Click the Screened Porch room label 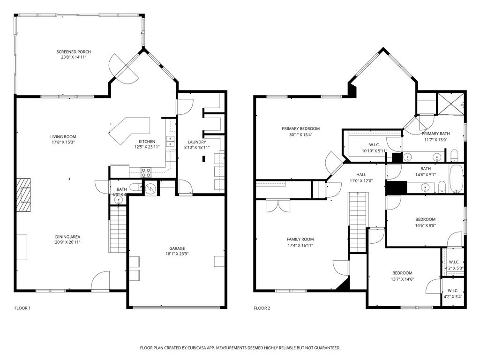[74, 52]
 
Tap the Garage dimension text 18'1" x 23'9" [177, 254]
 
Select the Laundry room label [197, 142]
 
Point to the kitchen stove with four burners [146, 171]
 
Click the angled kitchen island [128, 129]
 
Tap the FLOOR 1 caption [22, 308]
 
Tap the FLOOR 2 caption [262, 308]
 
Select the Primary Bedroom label [300, 128]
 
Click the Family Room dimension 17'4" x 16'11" [300, 245]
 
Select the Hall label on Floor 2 [361, 175]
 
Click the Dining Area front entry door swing [100, 282]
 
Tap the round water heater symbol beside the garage [150, 188]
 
